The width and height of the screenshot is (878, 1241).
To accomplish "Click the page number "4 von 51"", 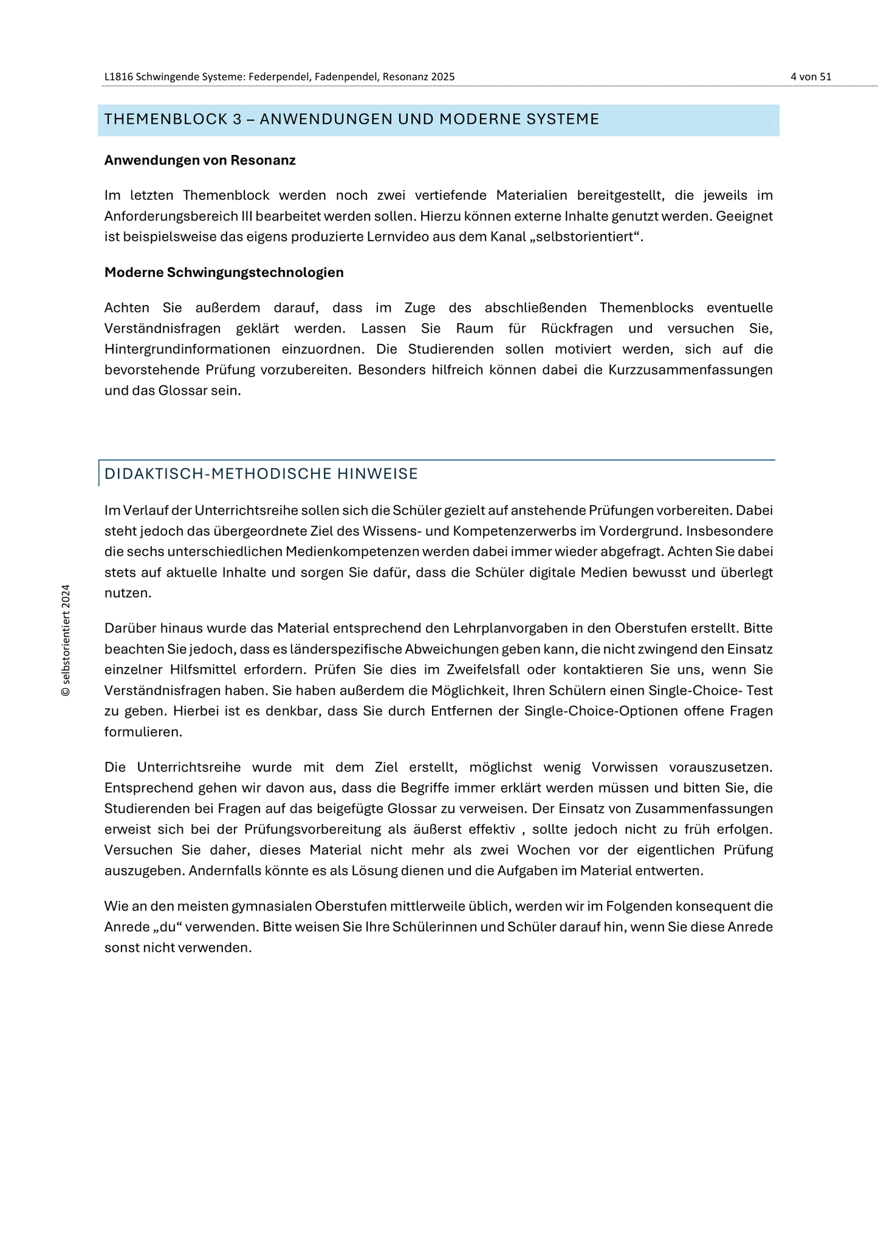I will (x=811, y=77).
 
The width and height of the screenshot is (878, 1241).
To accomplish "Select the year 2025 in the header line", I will (x=444, y=77).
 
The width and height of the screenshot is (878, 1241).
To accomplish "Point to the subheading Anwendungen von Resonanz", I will (x=200, y=160).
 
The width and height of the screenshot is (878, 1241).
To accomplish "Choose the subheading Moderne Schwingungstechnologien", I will (x=224, y=272).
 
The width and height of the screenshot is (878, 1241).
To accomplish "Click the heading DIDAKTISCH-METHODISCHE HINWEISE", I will (x=261, y=474).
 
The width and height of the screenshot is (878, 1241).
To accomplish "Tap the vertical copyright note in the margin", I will (x=66, y=640).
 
